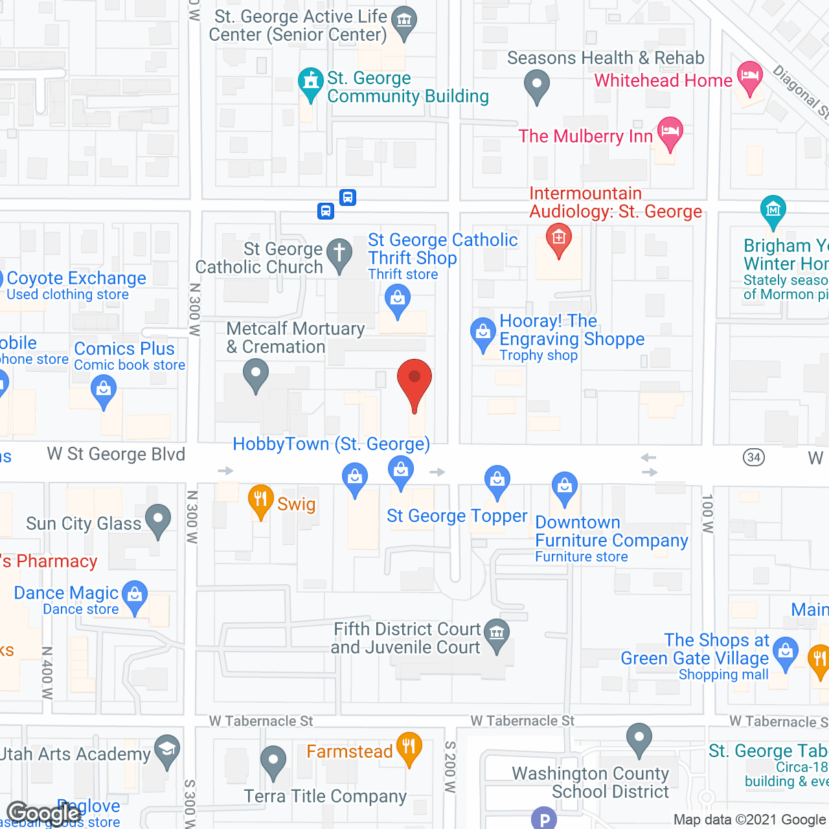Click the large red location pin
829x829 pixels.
pyautogui.click(x=414, y=380)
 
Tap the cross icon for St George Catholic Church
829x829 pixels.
pyautogui.click(x=339, y=253)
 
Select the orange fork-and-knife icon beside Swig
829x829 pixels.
pyautogui.click(x=260, y=499)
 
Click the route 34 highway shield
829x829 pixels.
pyautogui.click(x=753, y=457)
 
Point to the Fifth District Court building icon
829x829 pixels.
pyautogui.click(x=497, y=632)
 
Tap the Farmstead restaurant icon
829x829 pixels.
pyautogui.click(x=408, y=747)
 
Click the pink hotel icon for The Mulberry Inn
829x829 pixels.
pyautogui.click(x=670, y=131)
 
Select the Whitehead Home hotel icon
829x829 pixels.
pyautogui.click(x=750, y=76)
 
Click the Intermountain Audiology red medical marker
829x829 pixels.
pyautogui.click(x=558, y=238)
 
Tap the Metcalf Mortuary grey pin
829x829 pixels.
pyautogui.click(x=256, y=374)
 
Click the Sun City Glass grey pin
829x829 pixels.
pyautogui.click(x=158, y=519)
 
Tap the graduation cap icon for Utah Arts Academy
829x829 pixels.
pyautogui.click(x=167, y=749)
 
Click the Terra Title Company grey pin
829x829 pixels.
pyautogui.click(x=273, y=760)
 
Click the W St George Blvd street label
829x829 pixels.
pyautogui.click(x=116, y=455)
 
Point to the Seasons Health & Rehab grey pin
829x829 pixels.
pyautogui.click(x=536, y=84)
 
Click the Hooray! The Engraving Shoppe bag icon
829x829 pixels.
pyautogui.click(x=483, y=333)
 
